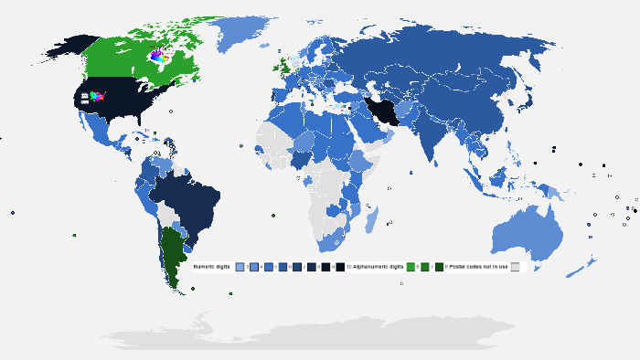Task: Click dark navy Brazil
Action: pos(187,196)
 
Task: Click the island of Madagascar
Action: pos(371,219)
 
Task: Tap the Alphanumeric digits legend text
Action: pos(378,267)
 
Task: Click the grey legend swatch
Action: pos(515,267)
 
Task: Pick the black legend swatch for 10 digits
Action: pos(339,267)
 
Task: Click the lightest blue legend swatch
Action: pos(240,267)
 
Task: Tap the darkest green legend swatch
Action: pos(440,267)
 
